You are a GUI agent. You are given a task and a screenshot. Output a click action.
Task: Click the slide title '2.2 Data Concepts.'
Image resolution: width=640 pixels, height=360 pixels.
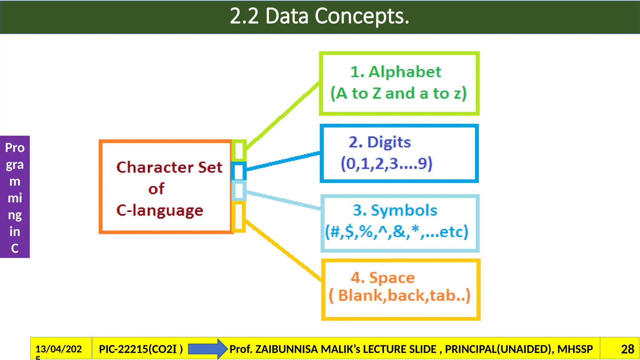pos(319,16)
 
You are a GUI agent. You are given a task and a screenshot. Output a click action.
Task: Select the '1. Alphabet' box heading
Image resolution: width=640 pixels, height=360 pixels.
pos(396,72)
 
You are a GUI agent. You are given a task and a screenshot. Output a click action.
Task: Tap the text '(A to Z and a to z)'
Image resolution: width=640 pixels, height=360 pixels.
pos(399,93)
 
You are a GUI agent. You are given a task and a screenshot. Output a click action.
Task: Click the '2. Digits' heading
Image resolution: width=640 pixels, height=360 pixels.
pos(380,142)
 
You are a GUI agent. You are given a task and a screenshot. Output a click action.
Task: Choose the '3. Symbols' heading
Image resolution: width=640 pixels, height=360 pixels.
pos(395,210)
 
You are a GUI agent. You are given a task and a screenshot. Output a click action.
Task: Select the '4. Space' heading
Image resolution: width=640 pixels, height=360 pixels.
pos(383,277)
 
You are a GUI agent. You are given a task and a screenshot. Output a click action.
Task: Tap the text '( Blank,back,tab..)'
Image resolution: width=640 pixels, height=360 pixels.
pos(400,296)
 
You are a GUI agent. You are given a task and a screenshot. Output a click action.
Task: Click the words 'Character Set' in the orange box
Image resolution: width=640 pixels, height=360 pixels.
pos(169,167)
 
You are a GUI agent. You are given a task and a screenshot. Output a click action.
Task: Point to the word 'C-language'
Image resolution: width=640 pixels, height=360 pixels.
pos(160,210)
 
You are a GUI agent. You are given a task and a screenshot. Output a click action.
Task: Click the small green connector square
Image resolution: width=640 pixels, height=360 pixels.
pos(239,150)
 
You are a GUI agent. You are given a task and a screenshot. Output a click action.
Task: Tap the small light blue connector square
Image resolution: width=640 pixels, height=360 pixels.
pos(239,191)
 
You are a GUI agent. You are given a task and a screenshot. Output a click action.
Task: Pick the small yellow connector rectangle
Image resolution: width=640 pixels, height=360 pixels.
pos(239,217)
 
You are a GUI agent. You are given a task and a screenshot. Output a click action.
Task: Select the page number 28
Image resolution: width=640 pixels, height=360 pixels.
pos(627,349)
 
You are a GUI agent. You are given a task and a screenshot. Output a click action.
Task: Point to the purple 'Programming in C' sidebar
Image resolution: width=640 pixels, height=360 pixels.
pos(15,197)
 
